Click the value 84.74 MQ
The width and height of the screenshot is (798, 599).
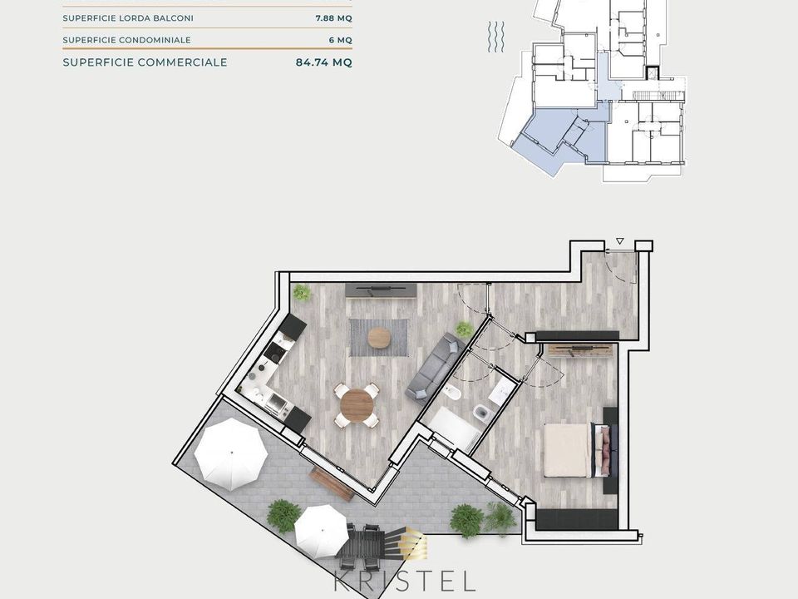point(323,62)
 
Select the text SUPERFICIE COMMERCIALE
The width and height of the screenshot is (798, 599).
point(145,62)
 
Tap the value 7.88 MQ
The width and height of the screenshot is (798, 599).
point(334,18)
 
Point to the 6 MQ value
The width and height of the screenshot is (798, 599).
point(341,40)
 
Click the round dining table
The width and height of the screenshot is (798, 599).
point(357,405)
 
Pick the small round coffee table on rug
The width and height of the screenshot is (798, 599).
point(379,337)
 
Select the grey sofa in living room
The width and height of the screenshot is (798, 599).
point(435,367)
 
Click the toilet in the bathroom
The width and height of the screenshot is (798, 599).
point(480,411)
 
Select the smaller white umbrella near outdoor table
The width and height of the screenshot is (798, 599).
point(322,531)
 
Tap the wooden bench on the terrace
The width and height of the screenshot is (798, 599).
point(332,484)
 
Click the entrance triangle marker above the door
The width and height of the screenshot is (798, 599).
point(619,241)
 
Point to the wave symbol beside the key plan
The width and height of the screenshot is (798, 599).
point(496,37)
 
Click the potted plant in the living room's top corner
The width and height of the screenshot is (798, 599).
point(302,292)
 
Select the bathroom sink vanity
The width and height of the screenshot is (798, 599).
point(501,391)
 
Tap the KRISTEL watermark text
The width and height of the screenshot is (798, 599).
point(405,581)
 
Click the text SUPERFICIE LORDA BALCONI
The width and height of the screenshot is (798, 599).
point(128,18)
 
